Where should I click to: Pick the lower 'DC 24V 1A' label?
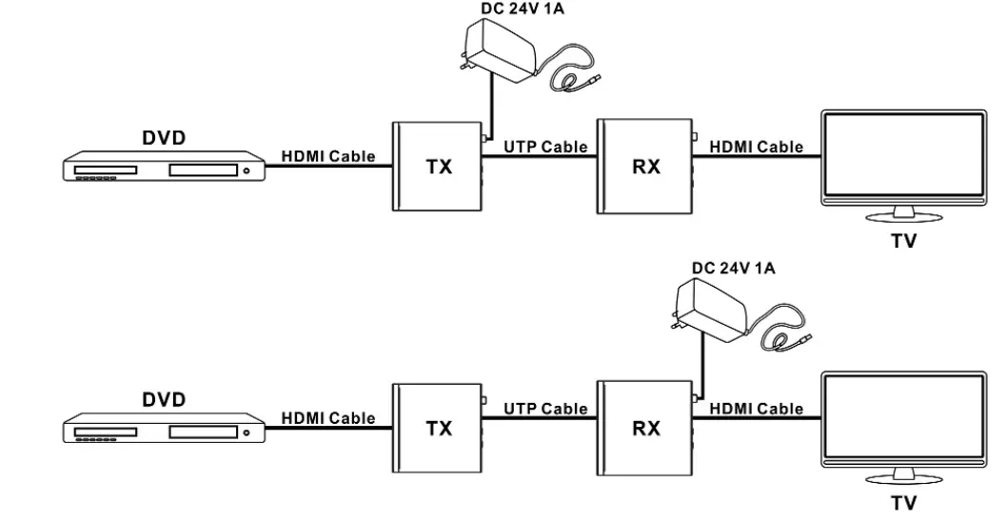click(734, 269)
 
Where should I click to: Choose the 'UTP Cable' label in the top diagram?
click(545, 148)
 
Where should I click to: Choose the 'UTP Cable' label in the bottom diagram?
click(545, 409)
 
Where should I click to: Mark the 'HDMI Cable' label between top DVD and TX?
click(327, 155)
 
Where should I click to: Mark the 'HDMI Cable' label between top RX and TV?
click(756, 147)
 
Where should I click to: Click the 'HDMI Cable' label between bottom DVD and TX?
click(327, 417)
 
